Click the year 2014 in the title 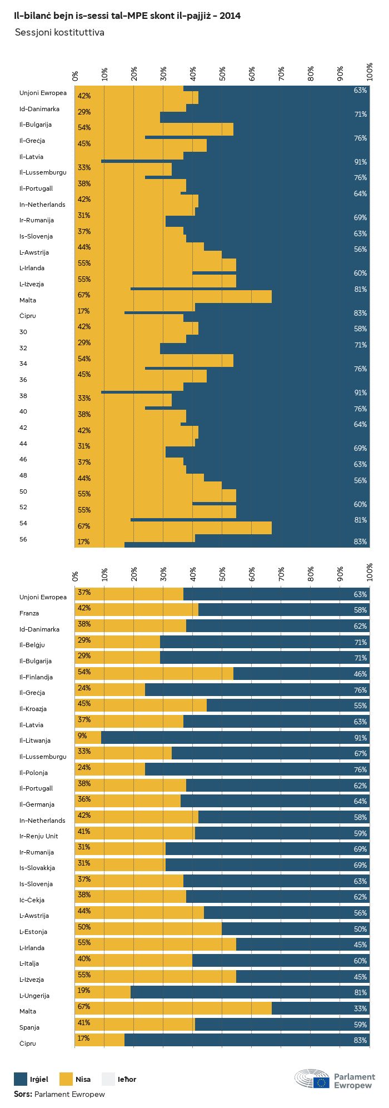[x=230, y=16]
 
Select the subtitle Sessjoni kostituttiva [x=59, y=33]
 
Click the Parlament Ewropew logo [x=335, y=1080]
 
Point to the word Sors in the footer [x=23, y=1094]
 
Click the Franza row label [x=29, y=613]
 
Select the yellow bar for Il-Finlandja [x=154, y=674]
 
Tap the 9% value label [x=83, y=736]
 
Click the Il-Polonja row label [x=33, y=773]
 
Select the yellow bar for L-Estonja [x=148, y=929]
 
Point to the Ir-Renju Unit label [x=38, y=836]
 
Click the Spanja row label [x=29, y=1027]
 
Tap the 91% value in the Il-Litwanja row [x=360, y=738]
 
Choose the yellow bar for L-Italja [x=133, y=961]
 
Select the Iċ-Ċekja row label [x=32, y=900]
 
